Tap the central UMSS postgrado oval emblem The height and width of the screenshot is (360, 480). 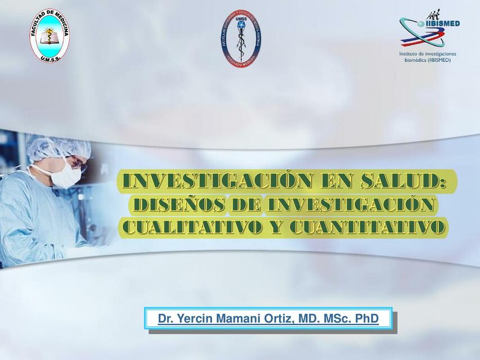click(x=240, y=39)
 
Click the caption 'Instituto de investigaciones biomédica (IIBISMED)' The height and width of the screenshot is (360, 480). click(x=428, y=56)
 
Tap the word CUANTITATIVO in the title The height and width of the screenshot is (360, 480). click(x=368, y=227)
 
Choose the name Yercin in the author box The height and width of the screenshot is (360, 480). click(x=192, y=319)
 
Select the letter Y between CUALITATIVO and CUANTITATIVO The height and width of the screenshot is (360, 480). click(x=274, y=227)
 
